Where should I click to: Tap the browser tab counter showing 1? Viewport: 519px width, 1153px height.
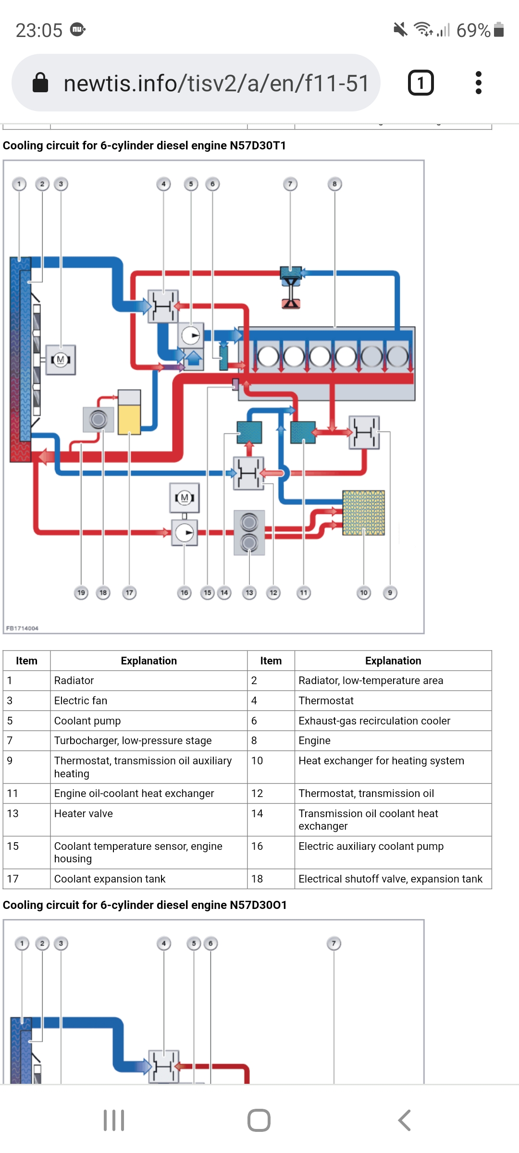[420, 83]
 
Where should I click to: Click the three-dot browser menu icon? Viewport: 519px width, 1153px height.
[478, 83]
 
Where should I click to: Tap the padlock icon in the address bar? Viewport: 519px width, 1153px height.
[40, 83]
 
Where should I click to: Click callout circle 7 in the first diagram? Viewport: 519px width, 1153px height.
[290, 184]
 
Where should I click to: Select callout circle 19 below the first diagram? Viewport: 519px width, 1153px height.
[81, 593]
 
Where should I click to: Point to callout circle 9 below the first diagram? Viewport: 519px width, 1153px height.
[390, 593]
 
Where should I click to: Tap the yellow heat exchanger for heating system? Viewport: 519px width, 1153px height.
[363, 513]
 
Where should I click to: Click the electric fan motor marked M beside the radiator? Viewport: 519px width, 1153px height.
[61, 359]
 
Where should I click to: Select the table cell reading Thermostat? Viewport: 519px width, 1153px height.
[326, 701]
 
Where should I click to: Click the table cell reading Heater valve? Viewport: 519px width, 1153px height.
[84, 814]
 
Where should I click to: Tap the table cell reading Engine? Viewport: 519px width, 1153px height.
[314, 741]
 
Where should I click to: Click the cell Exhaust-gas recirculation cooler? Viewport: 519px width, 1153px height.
[374, 721]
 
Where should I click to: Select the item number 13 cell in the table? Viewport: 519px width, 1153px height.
[13, 814]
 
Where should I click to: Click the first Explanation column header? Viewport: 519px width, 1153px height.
[148, 661]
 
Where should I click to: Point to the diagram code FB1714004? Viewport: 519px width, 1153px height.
[22, 628]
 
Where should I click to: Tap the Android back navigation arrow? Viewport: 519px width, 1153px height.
[404, 1120]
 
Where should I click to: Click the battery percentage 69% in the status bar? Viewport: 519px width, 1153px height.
[473, 30]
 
